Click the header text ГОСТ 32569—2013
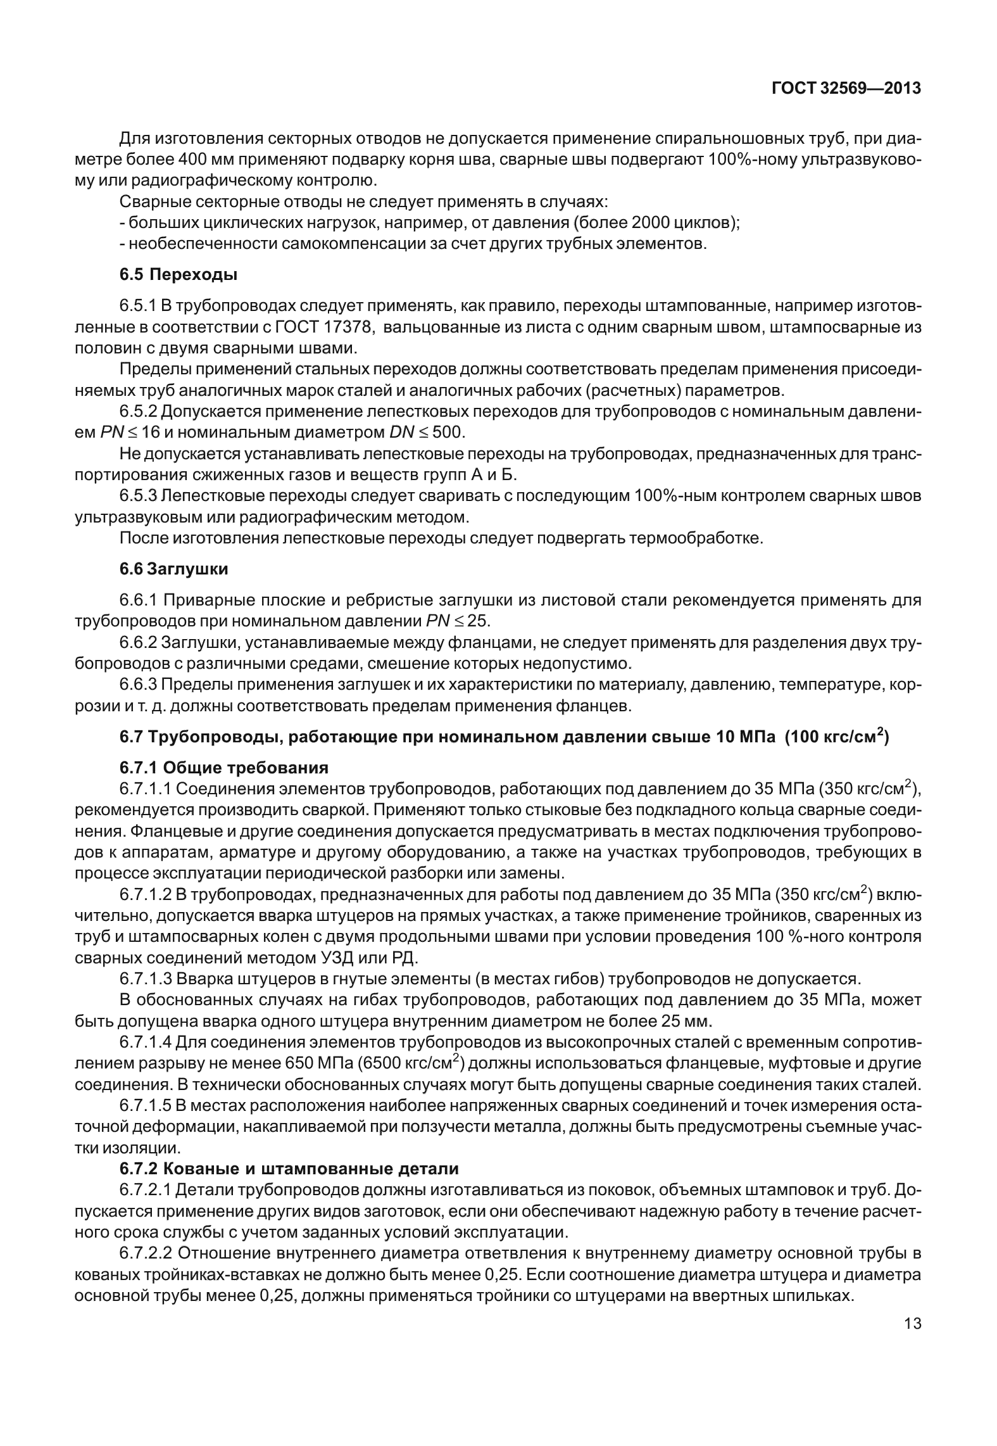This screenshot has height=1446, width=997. click(846, 89)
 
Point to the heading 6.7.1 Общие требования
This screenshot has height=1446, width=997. click(224, 768)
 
